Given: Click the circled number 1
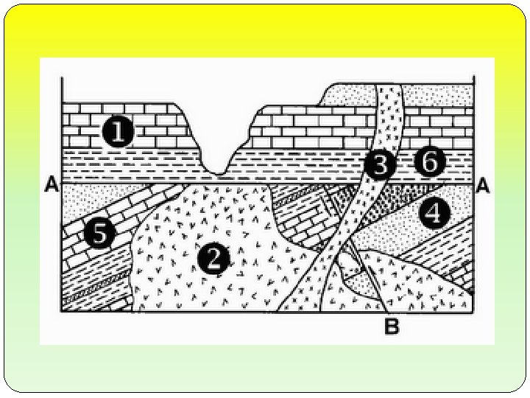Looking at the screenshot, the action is (x=117, y=133).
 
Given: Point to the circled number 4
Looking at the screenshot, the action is (x=434, y=214).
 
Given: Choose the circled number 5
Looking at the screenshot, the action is (x=99, y=234).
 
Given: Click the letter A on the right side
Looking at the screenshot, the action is (x=482, y=186).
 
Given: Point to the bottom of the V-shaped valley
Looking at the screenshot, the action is (x=218, y=172).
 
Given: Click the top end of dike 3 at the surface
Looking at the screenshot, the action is (x=390, y=87).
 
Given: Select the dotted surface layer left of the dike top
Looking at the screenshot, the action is (x=350, y=96).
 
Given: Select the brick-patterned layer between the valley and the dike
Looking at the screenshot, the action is (x=309, y=125).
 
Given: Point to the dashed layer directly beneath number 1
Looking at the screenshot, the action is (x=125, y=164).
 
